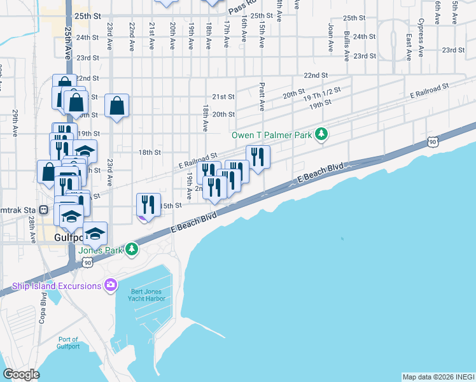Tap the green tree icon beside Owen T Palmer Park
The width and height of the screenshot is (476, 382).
coord(323,134)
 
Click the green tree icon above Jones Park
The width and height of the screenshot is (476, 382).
coord(131,248)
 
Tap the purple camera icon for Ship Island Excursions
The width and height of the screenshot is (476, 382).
coord(111,285)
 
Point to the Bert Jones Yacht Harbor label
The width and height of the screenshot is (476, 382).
coord(143,295)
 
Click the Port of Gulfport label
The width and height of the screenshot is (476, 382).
coord(67,343)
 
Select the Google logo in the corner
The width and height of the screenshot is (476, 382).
coord(21,374)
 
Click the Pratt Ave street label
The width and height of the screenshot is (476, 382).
coord(262,95)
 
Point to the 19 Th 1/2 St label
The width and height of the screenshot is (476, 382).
coord(322,94)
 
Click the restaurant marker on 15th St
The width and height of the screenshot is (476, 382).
coord(148,204)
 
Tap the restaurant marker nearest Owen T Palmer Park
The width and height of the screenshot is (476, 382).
coord(258,156)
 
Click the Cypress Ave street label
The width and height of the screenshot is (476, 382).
coord(421,30)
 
